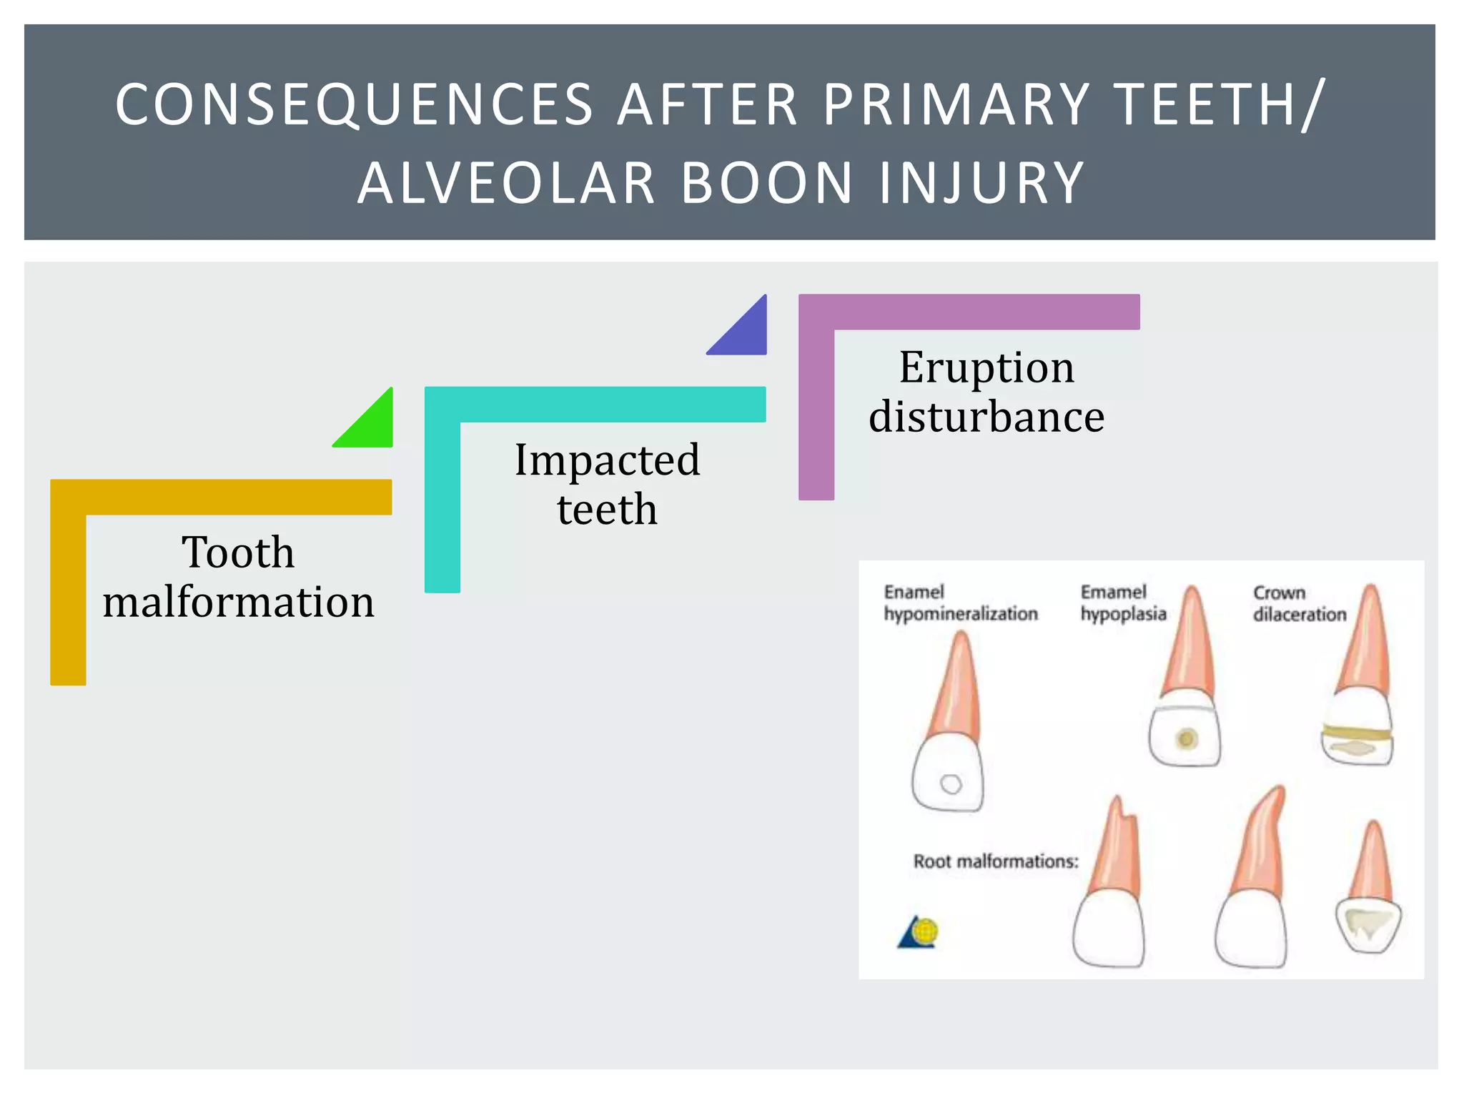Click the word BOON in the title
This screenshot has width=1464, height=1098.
point(766,184)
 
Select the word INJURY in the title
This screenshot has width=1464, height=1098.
point(982,184)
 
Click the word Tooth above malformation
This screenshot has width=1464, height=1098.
point(238,553)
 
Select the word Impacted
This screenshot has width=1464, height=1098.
point(607,460)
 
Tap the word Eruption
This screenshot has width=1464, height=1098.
point(986,367)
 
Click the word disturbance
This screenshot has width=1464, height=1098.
point(986,417)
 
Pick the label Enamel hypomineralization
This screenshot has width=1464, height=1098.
point(960,603)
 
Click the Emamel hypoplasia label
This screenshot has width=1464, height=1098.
point(1122,603)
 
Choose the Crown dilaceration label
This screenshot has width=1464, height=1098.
point(1299,603)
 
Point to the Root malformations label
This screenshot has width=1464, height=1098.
point(995,861)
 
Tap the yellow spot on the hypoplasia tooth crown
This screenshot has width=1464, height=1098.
point(1187,738)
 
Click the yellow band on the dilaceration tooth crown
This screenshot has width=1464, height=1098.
point(1356,731)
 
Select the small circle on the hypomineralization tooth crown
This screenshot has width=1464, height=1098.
point(951,784)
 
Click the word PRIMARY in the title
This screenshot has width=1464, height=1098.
point(956,105)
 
